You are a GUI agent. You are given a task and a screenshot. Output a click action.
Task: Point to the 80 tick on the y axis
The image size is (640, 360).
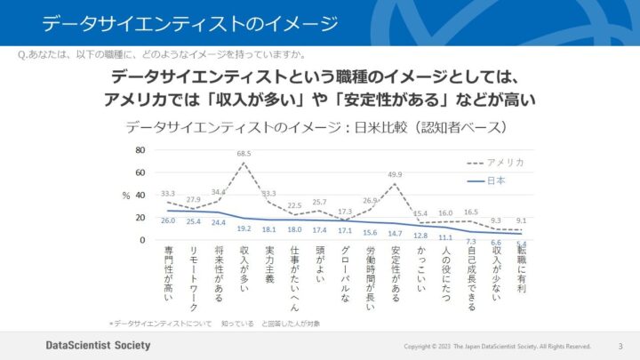click(x=140, y=149)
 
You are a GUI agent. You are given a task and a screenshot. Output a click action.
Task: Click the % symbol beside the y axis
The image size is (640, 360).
click(x=126, y=195)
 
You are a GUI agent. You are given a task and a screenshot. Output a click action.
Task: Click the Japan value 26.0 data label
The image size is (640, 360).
click(x=168, y=220)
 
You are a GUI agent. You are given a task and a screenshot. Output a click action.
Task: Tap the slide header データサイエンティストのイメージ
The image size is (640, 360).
click(x=189, y=22)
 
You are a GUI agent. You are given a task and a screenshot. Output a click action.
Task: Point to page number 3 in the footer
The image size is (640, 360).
click(x=620, y=346)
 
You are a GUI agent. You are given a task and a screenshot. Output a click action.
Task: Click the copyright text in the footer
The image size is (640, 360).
click(x=497, y=346)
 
